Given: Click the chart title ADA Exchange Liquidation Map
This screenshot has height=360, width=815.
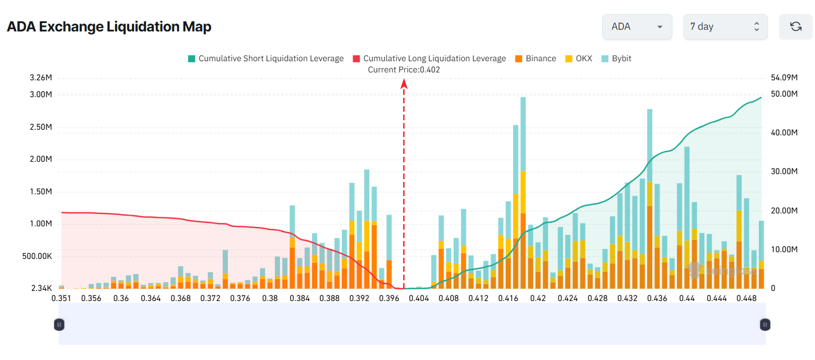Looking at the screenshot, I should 109,27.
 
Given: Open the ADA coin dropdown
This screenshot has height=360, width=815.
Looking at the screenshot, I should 637,27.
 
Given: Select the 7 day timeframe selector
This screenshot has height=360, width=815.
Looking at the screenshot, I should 725,27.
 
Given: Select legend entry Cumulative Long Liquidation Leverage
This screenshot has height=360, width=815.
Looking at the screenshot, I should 429,58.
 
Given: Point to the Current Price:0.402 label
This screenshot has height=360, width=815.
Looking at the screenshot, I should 404,70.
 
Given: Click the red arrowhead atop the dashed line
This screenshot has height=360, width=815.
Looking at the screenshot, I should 404,84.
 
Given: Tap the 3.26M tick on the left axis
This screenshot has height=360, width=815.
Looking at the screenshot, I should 41,78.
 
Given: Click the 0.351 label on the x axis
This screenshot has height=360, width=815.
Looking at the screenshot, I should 61,298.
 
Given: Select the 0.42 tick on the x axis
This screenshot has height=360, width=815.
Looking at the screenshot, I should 538,298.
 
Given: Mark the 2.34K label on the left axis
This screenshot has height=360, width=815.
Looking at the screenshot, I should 41,288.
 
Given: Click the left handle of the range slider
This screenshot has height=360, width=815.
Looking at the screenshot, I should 59,324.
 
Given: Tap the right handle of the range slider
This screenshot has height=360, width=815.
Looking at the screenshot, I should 765,324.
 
